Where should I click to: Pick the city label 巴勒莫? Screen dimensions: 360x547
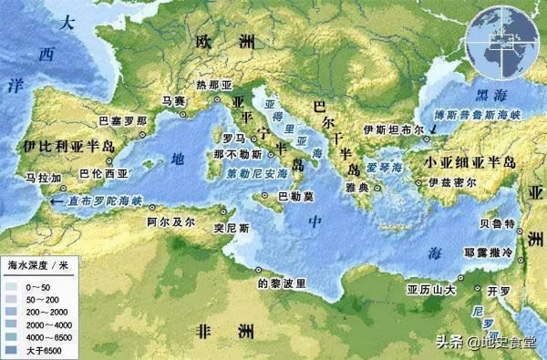click(x=295, y=195)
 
